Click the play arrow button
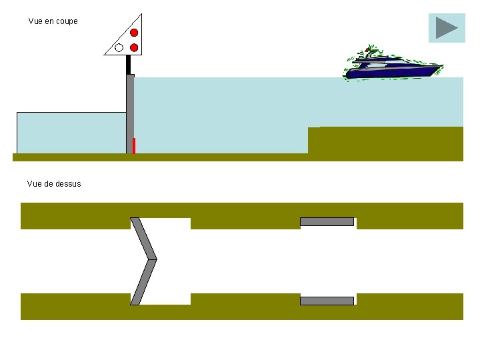(446, 28)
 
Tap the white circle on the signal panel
(119, 47)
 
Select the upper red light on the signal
(134, 33)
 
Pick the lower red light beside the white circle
(134, 47)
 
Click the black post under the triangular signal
(128, 65)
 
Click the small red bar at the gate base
(134, 145)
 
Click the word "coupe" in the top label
(67, 21)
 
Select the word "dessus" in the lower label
(69, 183)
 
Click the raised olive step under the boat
(385, 140)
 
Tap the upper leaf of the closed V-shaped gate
(143, 238)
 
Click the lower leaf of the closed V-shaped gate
(143, 282)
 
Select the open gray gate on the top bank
(327, 221)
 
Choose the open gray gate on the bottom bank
(327, 301)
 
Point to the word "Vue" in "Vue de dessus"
(34, 183)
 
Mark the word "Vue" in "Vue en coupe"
(36, 21)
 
